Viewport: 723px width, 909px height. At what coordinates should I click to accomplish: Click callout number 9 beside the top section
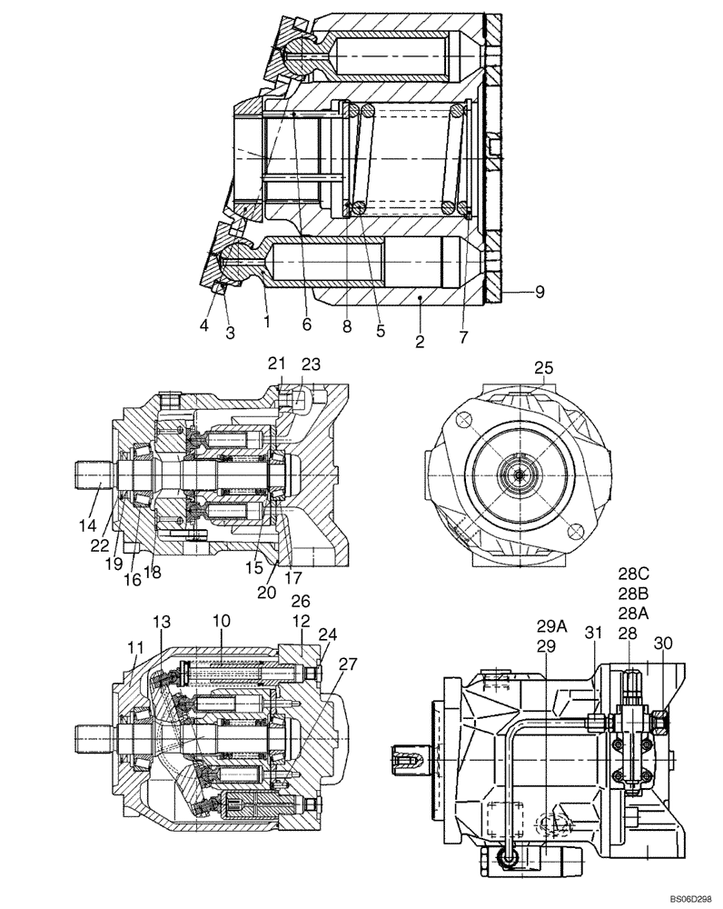(x=540, y=292)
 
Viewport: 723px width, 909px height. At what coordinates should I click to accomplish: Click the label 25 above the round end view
(x=543, y=367)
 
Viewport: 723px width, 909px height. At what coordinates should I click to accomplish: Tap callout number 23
(x=312, y=364)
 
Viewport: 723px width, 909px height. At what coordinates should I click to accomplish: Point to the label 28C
(x=629, y=574)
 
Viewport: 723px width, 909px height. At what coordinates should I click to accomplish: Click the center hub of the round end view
(x=519, y=474)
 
